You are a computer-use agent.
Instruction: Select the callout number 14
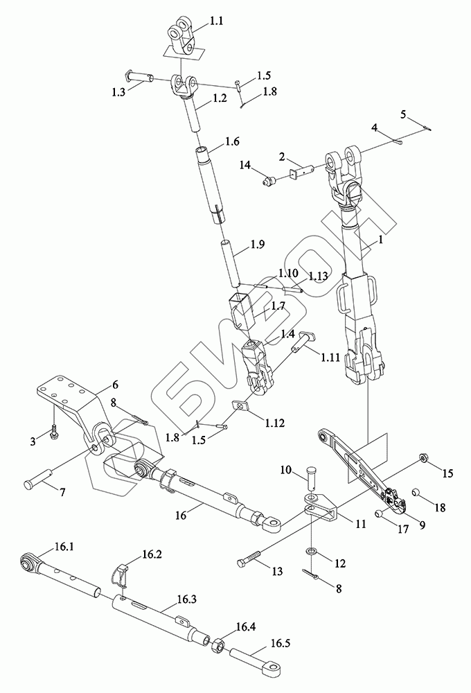(245, 166)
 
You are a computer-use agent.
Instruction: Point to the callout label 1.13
(318, 277)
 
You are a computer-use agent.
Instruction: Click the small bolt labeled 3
(55, 429)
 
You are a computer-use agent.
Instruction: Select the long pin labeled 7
(38, 478)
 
